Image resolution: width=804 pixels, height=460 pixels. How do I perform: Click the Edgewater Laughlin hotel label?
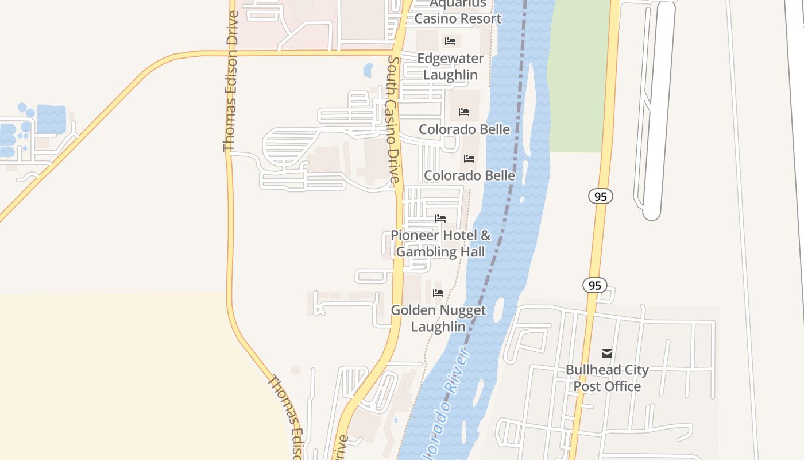pyautogui.click(x=450, y=67)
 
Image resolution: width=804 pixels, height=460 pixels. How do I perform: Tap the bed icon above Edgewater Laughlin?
pyautogui.click(x=450, y=41)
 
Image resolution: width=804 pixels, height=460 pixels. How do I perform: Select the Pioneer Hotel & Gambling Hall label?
pyautogui.click(x=440, y=243)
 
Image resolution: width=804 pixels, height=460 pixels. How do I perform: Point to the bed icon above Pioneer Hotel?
pyautogui.click(x=440, y=218)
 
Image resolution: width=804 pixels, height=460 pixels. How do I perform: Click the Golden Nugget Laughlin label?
pyautogui.click(x=438, y=319)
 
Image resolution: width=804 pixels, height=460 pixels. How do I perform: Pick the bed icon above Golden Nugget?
pyautogui.click(x=438, y=293)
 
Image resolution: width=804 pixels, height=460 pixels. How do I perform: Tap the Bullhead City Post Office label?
pyautogui.click(x=607, y=378)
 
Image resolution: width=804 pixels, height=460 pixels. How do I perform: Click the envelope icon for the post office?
pyautogui.click(x=607, y=353)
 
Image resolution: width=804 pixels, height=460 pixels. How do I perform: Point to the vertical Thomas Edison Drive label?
pyautogui.click(x=230, y=82)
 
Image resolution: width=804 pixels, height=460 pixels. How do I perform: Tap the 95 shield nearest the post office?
pyautogui.click(x=594, y=285)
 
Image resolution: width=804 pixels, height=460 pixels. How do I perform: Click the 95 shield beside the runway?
pyautogui.click(x=600, y=197)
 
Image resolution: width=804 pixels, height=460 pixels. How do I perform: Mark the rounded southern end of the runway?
pyautogui.click(x=652, y=214)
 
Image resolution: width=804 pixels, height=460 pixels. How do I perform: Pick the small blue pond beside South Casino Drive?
pyautogui.click(x=368, y=71)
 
